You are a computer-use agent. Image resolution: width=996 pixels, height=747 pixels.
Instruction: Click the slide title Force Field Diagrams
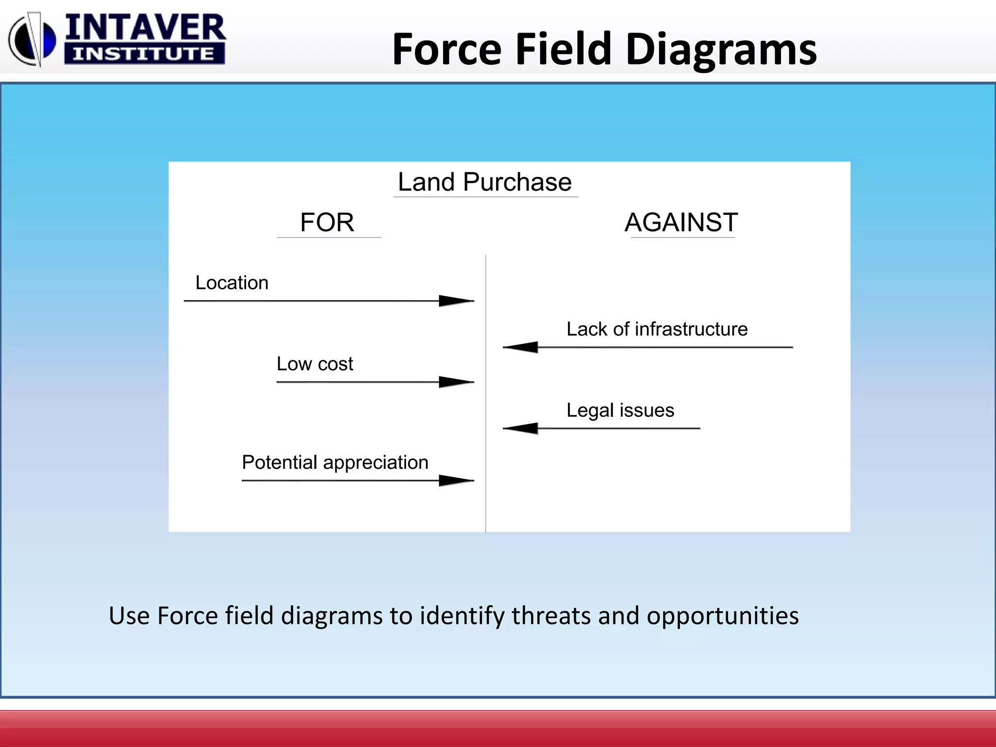604,49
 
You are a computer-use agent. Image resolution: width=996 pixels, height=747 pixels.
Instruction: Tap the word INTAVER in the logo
145,28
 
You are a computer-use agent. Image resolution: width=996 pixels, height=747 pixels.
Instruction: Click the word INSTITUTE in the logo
144,53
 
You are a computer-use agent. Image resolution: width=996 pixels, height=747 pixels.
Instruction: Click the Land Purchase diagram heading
484,182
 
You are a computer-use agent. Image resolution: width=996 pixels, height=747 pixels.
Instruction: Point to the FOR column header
327,222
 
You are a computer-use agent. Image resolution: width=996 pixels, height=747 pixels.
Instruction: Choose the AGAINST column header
681,222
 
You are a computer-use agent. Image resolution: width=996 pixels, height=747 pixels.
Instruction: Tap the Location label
231,283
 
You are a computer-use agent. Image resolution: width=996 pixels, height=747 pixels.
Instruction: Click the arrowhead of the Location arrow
456,301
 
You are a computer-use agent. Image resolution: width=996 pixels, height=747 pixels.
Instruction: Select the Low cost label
315,364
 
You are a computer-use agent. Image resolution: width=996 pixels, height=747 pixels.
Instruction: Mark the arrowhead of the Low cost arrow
456,382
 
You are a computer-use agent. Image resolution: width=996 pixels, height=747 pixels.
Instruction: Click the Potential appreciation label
335,462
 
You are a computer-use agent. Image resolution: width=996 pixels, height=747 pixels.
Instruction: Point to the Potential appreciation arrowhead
456,480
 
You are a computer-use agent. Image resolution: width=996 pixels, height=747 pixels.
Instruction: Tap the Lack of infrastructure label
657,329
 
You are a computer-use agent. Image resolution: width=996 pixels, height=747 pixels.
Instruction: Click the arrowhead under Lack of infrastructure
521,347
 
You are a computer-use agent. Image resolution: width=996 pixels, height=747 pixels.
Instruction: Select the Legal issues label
620,410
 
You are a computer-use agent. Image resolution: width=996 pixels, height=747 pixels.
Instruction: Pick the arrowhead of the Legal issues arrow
521,428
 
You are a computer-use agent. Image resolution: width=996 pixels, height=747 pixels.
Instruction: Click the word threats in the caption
551,616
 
